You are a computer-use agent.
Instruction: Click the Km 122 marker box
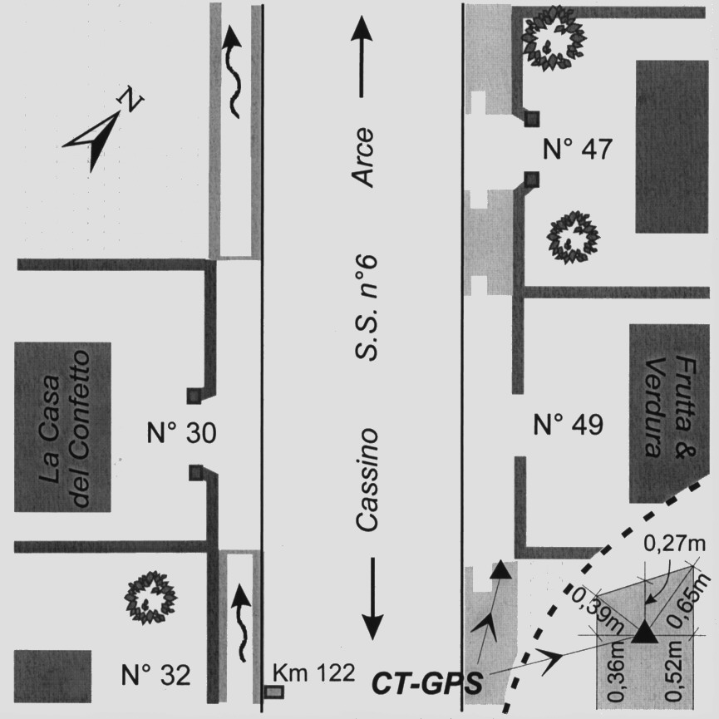click(x=273, y=691)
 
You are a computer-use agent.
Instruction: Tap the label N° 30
click(x=181, y=433)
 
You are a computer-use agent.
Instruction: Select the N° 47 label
click(x=577, y=150)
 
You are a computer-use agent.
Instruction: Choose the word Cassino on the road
click(x=367, y=480)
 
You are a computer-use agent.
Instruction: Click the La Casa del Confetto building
click(x=63, y=427)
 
